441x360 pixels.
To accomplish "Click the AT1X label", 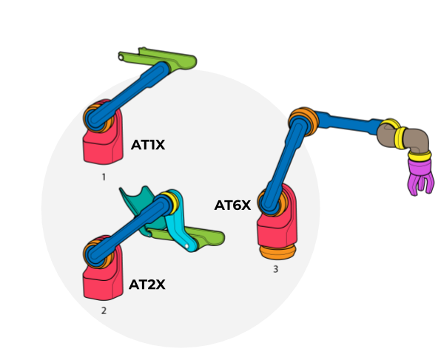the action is (148, 145).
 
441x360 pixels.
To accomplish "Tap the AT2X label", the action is (147, 285).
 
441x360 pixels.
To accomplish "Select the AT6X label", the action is (232, 206).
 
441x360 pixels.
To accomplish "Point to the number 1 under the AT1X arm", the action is (104, 177).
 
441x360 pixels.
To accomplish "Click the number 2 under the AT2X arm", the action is (104, 310).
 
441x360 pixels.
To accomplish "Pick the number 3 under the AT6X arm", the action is (275, 269).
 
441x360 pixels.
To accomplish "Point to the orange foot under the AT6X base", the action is (277, 252).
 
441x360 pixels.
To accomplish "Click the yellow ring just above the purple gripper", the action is (420, 156).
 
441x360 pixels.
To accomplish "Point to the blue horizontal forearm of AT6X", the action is (349, 123).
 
